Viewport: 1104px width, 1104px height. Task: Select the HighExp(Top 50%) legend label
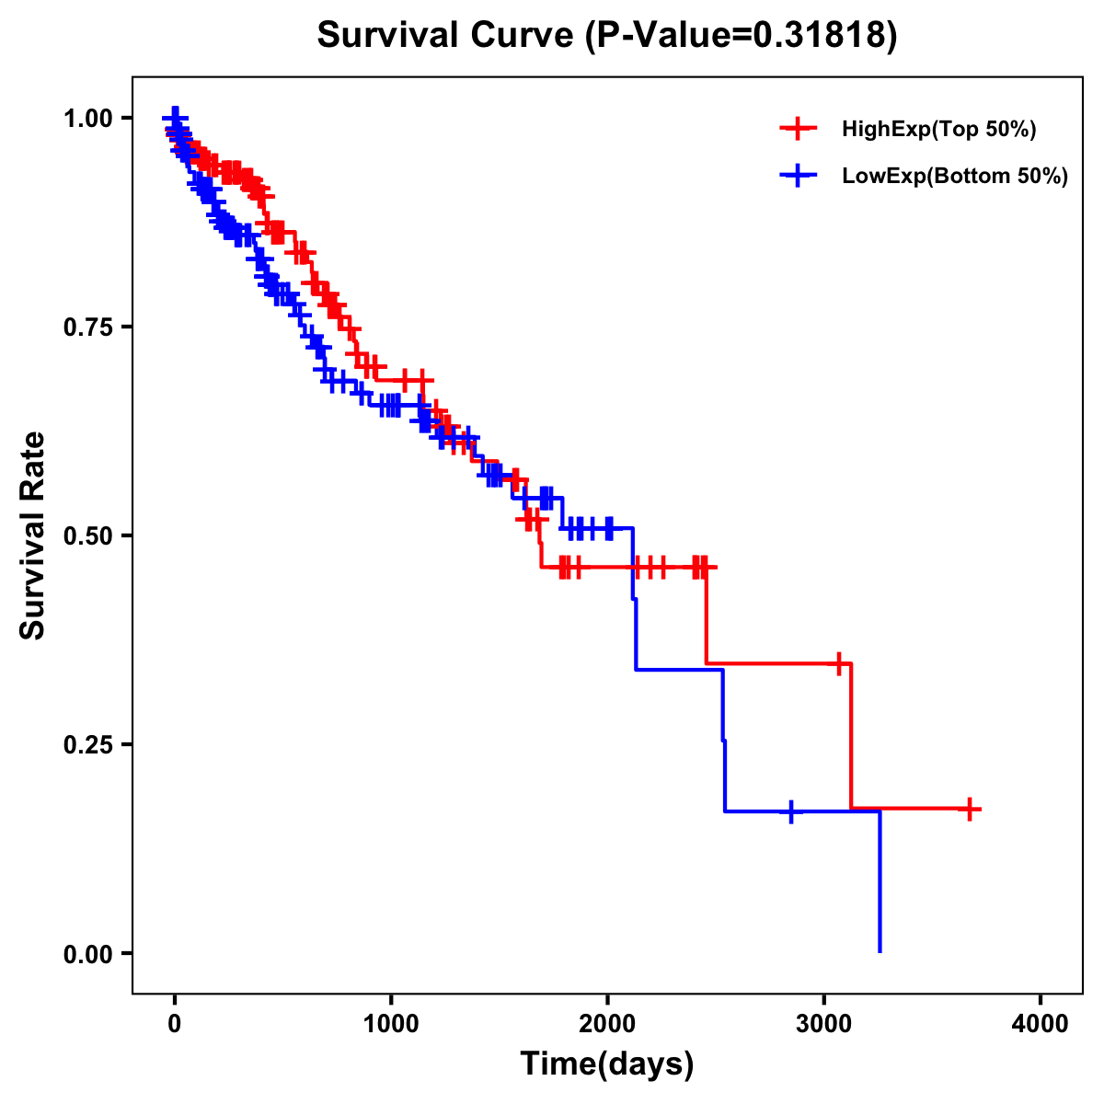click(938, 130)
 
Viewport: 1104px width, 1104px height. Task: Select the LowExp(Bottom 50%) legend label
click(955, 177)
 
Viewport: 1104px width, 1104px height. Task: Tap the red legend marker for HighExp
click(798, 130)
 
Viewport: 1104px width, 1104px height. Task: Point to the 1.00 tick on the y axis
click(87, 118)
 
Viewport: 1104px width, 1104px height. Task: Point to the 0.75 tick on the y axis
click(87, 327)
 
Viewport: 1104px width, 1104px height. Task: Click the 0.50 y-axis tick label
click(87, 535)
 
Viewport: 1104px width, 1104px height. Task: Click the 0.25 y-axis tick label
click(87, 744)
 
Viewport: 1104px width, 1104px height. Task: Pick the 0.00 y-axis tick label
click(87, 953)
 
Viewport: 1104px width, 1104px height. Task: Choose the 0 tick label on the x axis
click(175, 1024)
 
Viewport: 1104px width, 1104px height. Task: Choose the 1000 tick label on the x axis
click(391, 1024)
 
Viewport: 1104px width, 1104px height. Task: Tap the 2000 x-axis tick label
click(607, 1024)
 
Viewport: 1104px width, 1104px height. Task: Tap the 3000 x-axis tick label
click(824, 1024)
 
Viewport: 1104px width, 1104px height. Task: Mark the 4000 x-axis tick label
click(1041, 1024)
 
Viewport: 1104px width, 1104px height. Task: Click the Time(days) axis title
click(607, 1064)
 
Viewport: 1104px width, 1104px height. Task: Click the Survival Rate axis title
click(33, 535)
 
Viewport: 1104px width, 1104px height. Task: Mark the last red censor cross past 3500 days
click(970, 810)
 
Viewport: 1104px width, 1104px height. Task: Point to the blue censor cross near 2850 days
click(791, 812)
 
